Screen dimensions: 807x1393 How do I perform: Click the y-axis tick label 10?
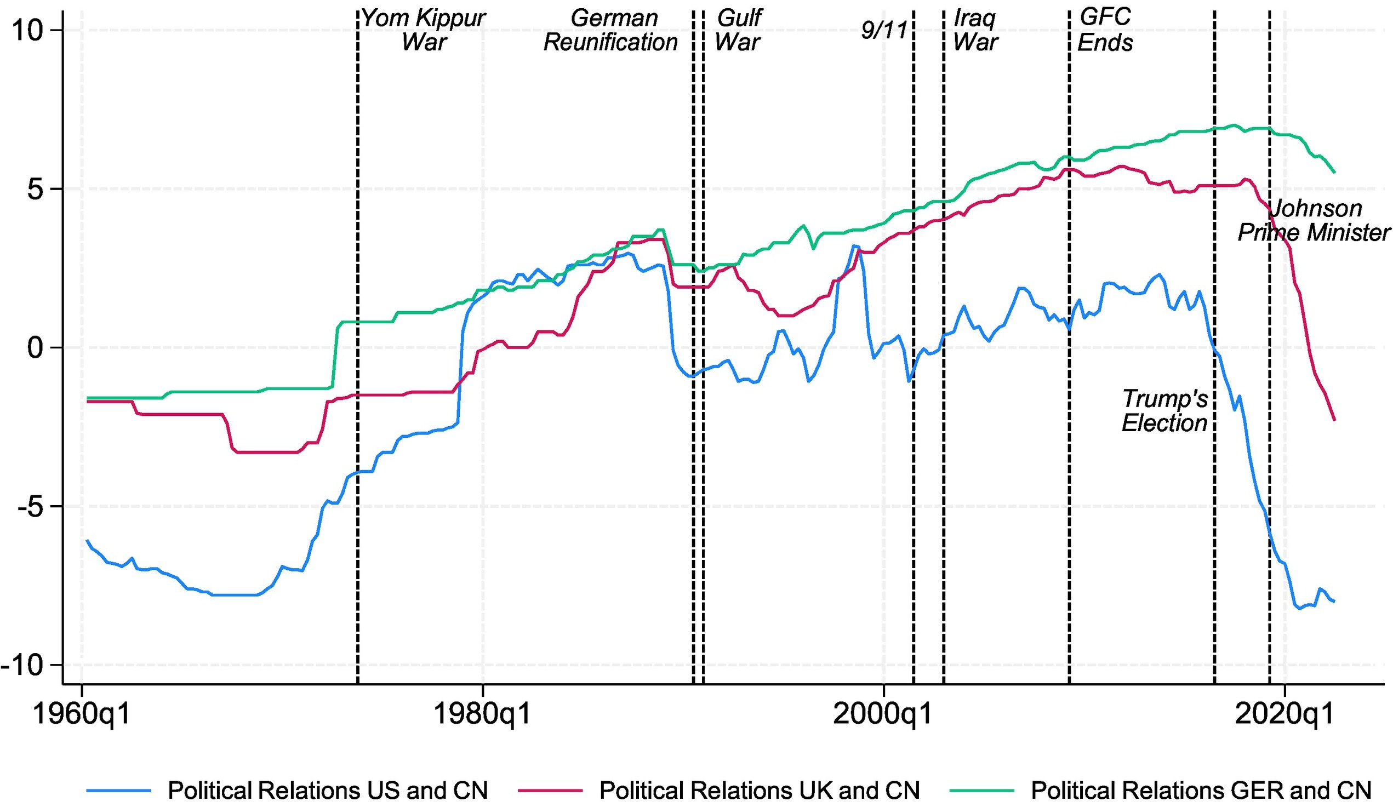pos(27,30)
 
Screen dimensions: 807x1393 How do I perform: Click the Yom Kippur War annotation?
pos(424,30)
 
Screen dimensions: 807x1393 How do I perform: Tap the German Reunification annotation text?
pos(612,30)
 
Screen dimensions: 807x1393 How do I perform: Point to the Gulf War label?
pos(739,30)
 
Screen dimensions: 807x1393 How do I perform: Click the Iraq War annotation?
pos(975,30)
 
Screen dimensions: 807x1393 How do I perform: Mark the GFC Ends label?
pos(1105,30)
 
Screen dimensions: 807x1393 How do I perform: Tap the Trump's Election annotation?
pos(1164,411)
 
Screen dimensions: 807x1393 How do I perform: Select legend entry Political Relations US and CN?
pos(328,791)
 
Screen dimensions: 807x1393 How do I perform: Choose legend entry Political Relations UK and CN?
pos(760,791)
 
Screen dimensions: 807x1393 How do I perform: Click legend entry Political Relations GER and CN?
pos(1201,791)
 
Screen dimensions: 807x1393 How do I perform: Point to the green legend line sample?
pos(982,791)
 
